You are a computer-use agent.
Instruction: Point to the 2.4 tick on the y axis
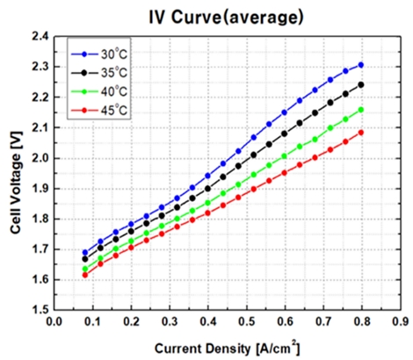coord(39,37)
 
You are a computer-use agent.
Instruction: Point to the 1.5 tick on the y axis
coord(39,310)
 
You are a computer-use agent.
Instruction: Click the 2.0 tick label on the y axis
coord(39,158)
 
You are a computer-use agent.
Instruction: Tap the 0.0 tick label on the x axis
coord(54,323)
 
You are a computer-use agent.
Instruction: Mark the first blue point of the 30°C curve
coord(85,252)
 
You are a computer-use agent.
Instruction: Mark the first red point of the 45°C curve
coord(85,275)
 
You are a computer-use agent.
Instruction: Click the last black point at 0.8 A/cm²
coord(360,85)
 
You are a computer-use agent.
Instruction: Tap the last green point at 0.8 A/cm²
coord(360,110)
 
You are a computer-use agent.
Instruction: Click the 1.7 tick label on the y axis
coord(39,249)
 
